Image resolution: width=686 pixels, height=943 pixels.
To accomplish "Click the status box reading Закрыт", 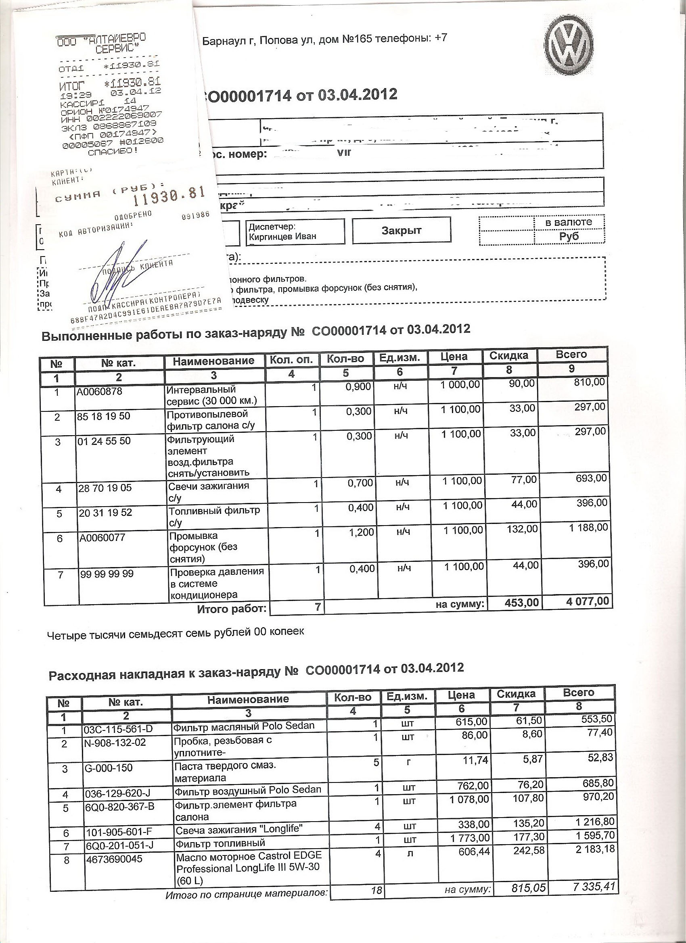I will [x=402, y=230].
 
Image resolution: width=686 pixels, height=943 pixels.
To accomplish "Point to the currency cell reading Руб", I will [x=569, y=237].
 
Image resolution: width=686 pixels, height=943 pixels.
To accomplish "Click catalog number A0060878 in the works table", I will [x=99, y=391].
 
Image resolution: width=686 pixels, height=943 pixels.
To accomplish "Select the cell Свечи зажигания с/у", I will [x=208, y=491].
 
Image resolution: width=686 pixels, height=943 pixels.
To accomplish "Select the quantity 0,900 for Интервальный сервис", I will [x=359, y=387].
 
